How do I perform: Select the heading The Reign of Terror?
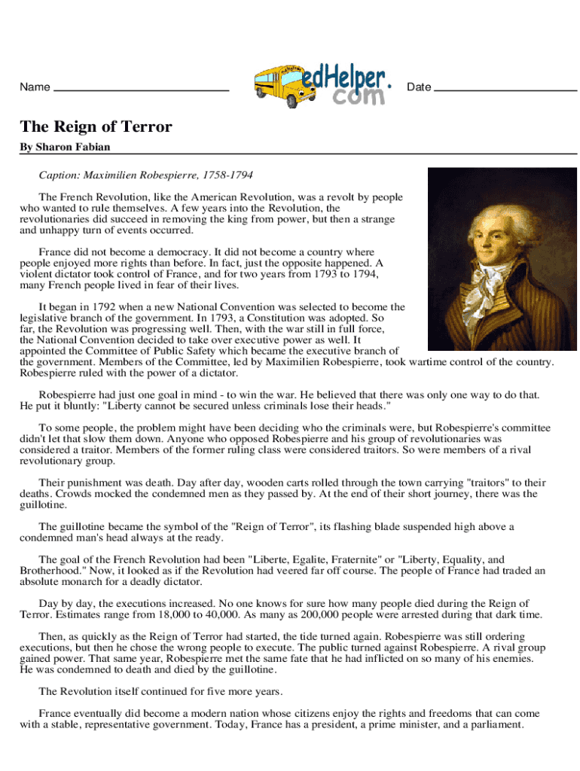pos(96,126)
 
